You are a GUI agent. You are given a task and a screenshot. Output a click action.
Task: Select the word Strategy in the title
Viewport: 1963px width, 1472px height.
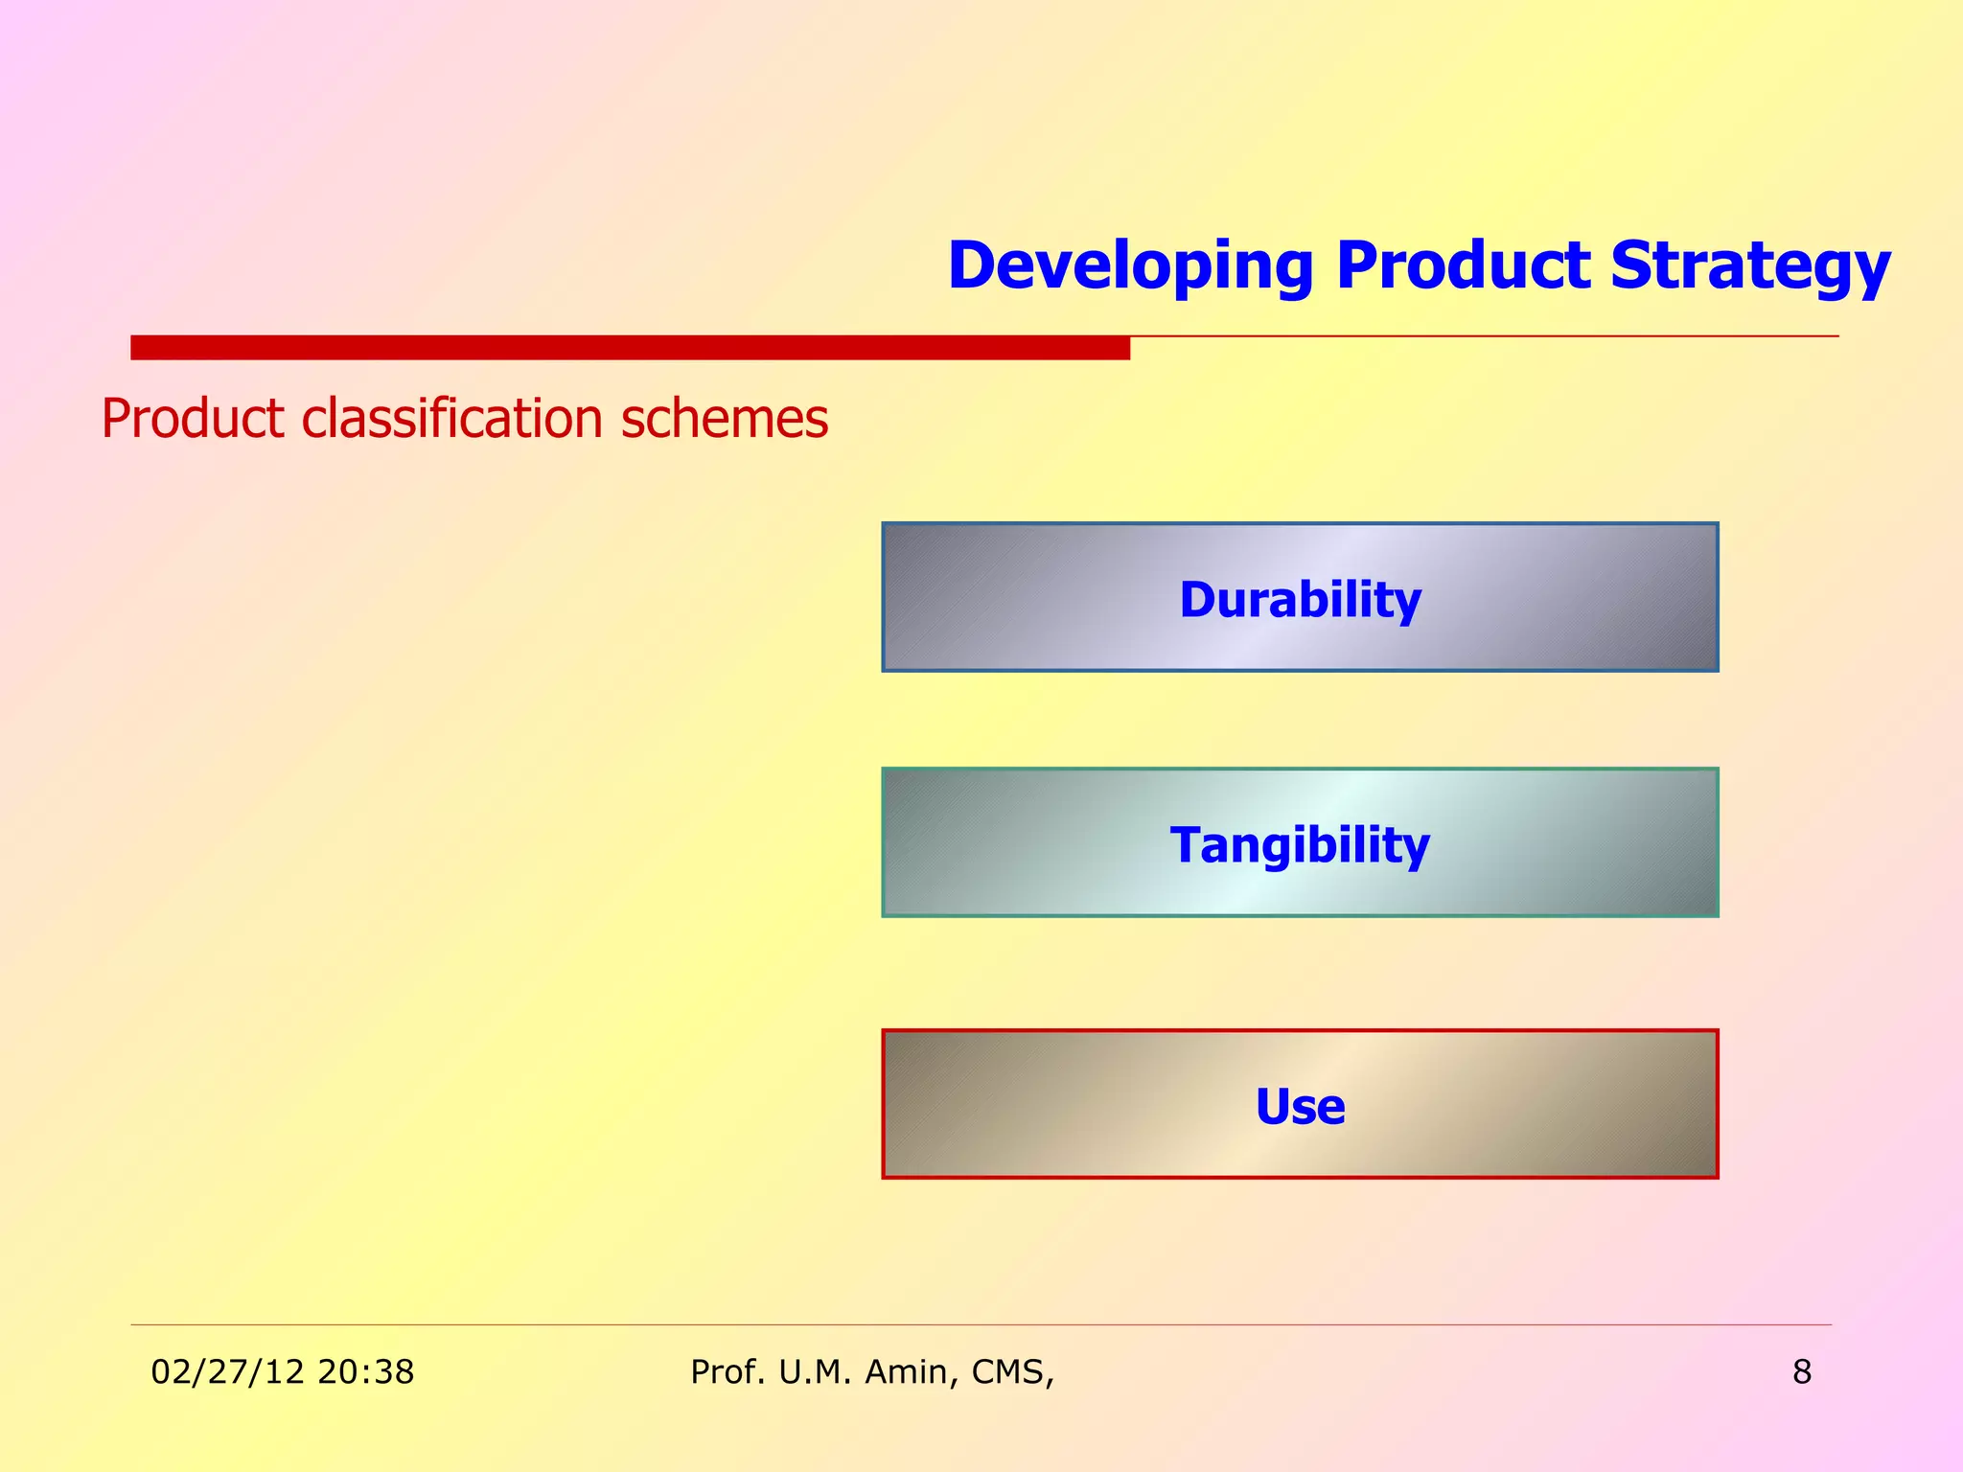[1749, 266]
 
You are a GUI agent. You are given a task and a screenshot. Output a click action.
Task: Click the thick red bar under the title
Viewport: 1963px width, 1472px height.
[630, 348]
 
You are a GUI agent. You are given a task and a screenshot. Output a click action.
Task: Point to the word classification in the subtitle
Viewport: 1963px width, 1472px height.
[452, 420]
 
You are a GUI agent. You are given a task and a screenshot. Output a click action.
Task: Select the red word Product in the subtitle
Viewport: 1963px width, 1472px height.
[192, 420]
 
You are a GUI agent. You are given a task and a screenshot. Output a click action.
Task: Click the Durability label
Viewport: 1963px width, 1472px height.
[1300, 600]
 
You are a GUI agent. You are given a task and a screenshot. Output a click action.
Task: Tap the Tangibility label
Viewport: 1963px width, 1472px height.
[1300, 845]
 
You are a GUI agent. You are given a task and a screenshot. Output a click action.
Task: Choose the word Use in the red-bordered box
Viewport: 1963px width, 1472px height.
[1300, 1107]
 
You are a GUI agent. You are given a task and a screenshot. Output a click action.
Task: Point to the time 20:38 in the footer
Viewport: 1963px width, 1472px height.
[365, 1372]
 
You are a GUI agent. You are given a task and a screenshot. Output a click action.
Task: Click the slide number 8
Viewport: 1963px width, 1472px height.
[1801, 1372]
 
